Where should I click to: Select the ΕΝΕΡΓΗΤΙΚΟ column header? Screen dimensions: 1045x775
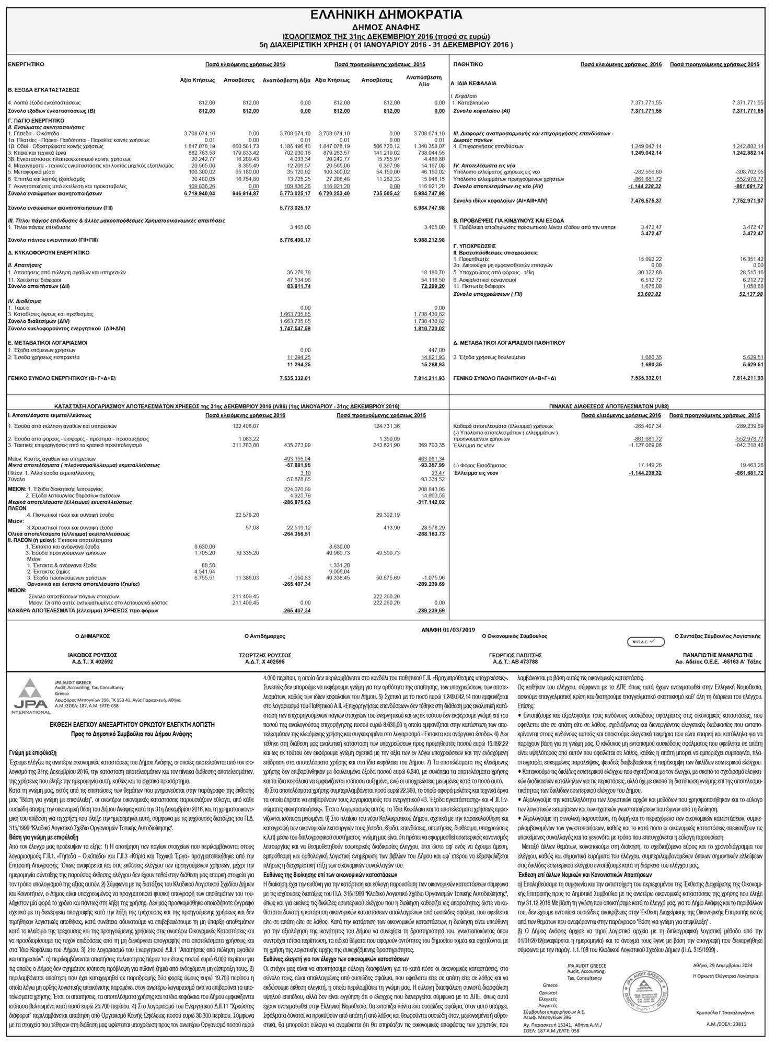tap(26, 64)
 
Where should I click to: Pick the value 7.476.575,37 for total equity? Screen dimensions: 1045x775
tap(646, 201)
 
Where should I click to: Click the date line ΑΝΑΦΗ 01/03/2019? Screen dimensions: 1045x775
tap(448, 630)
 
